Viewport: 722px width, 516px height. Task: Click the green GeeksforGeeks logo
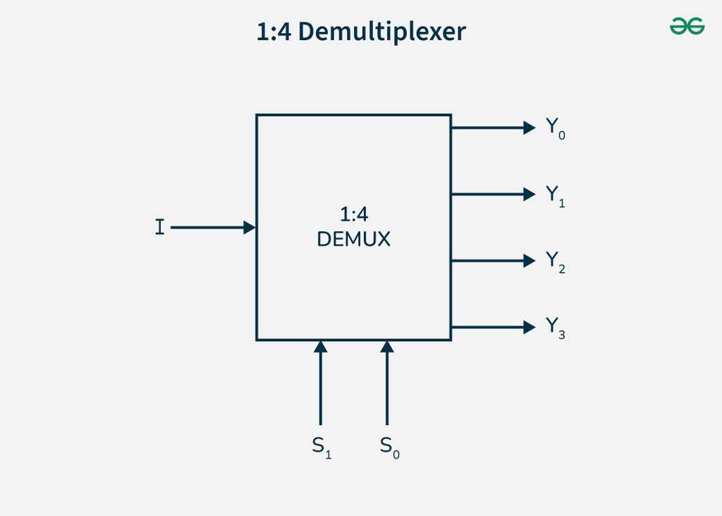687,26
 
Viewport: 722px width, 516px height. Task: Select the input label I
160,227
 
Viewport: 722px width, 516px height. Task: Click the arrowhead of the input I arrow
250,228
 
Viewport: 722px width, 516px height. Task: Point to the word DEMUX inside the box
354,239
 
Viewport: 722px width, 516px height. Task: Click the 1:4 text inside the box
354,214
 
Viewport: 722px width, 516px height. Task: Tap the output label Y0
556,128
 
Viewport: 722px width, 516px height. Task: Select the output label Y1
556,196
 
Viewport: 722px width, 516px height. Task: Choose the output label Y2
556,262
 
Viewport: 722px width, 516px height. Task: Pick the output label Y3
556,328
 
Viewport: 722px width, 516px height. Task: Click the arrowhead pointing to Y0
530,128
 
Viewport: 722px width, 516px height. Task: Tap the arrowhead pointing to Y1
530,195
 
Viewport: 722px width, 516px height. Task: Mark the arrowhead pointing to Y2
530,261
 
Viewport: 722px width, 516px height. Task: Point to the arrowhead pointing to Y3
530,327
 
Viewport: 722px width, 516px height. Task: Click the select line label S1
322,448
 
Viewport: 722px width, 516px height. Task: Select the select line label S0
389,448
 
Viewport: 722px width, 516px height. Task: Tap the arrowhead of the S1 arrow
321,347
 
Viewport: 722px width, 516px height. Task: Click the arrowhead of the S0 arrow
387,347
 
